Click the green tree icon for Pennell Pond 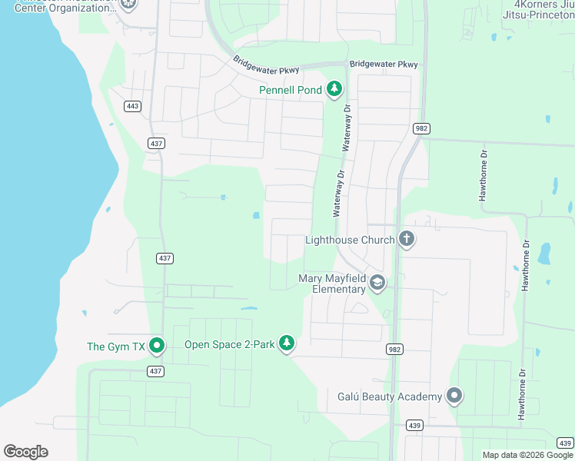[x=334, y=90]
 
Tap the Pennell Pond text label [x=291, y=91]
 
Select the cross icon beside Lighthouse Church [x=407, y=240]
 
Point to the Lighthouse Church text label [x=350, y=240]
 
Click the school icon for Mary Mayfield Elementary [x=377, y=284]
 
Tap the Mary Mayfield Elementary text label [x=332, y=284]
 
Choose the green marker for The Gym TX [x=157, y=346]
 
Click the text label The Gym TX [x=116, y=347]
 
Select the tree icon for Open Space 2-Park [x=287, y=343]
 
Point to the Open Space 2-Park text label [x=229, y=344]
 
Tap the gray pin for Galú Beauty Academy [x=454, y=396]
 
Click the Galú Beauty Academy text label [x=390, y=396]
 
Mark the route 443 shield [x=133, y=106]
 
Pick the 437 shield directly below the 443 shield [x=156, y=144]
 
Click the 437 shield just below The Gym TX [x=155, y=371]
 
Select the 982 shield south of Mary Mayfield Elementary [x=394, y=349]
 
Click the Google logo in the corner [x=25, y=452]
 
